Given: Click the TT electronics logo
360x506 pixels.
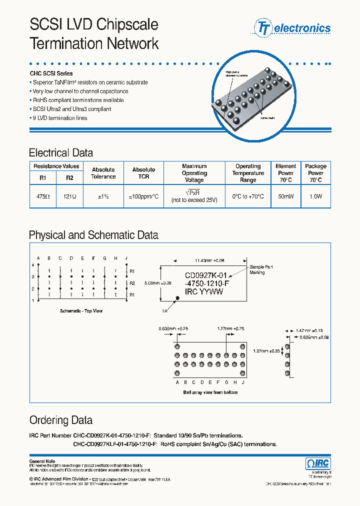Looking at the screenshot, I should (x=293, y=28).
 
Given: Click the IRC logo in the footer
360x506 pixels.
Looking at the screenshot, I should (x=317, y=463).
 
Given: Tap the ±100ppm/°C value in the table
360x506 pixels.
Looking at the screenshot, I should (x=143, y=196).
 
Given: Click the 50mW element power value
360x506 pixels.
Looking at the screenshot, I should (x=285, y=196).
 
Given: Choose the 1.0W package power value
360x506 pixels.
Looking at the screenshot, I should (x=315, y=196).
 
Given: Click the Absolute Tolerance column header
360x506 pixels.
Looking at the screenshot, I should (x=103, y=173).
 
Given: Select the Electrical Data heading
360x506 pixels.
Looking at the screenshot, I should (x=61, y=153).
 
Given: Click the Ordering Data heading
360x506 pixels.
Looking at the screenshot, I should (x=61, y=420).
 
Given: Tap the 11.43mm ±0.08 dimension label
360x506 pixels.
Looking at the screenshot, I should (x=209, y=260).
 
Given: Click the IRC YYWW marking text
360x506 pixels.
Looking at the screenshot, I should (x=204, y=292).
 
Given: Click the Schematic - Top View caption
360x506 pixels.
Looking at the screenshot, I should (x=81, y=311).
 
